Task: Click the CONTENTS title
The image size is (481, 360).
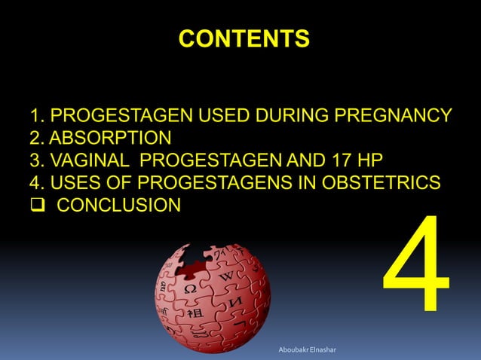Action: tap(244, 38)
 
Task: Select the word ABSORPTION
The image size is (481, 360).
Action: tap(110, 139)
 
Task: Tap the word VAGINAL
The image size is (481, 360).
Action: tap(96, 160)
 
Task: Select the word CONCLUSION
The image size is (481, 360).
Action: tap(119, 204)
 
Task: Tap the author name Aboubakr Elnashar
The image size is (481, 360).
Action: tap(308, 350)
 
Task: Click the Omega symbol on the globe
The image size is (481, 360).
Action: tap(191, 288)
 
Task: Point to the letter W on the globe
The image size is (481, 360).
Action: tap(227, 279)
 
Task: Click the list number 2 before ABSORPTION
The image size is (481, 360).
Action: tap(35, 139)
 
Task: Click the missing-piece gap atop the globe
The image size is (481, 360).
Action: tap(198, 252)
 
